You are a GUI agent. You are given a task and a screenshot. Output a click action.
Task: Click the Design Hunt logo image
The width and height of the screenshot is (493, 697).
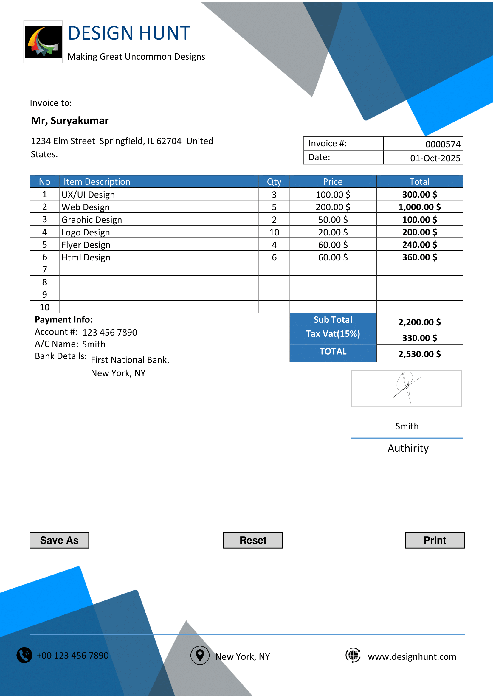(43, 42)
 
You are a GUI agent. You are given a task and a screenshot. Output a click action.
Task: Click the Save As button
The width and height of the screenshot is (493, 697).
(59, 540)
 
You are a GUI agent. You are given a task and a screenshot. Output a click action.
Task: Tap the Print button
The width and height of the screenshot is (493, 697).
(434, 540)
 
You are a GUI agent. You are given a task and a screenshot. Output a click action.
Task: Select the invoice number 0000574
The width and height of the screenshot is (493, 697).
(443, 144)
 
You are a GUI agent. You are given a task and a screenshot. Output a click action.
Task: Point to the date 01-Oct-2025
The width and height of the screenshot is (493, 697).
(435, 158)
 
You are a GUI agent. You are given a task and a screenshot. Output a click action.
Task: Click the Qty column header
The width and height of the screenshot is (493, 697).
(274, 181)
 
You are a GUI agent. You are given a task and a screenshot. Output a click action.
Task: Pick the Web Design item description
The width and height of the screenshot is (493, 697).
(86, 207)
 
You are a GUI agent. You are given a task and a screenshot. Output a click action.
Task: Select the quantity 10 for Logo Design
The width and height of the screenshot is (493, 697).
(274, 232)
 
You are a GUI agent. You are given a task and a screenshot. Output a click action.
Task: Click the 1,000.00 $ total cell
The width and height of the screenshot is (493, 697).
(419, 207)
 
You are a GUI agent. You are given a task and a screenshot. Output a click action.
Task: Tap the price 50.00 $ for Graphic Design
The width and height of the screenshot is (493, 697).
(333, 220)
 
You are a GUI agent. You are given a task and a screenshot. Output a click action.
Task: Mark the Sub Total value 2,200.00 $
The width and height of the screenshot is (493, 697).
(419, 322)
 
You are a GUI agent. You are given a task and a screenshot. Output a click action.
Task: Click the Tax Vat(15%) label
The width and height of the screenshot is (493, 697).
(333, 334)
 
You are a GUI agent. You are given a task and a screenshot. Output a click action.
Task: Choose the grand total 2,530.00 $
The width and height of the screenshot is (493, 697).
(419, 354)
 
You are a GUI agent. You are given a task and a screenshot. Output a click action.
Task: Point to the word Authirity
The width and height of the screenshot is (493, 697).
(408, 448)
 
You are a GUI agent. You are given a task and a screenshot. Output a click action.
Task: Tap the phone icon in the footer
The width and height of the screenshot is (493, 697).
(24, 655)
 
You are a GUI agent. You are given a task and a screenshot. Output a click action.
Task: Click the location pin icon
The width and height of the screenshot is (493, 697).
(200, 655)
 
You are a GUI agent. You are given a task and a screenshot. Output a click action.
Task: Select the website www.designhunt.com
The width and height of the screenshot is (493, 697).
(412, 657)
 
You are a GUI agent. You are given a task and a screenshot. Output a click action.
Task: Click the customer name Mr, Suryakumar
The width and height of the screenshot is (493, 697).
(70, 121)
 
